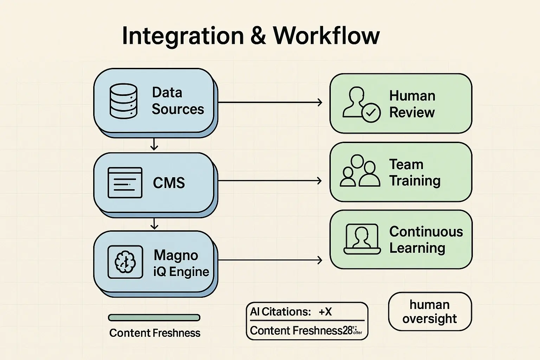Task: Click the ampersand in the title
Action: pos(258,36)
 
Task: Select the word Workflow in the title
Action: pos(326,36)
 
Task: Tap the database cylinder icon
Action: pos(123,101)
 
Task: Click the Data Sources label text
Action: pos(178,101)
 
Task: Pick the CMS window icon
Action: pos(125,182)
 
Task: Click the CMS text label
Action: pos(169,183)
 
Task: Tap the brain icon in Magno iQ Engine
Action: pos(125,262)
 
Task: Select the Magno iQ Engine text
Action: pos(181,263)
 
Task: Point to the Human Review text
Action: pos(412,104)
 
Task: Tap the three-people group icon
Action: pos(360,171)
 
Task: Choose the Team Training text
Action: pos(414,173)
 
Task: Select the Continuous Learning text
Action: pos(426,240)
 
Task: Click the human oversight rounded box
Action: pos(430,311)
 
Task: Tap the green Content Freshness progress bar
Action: pos(154,318)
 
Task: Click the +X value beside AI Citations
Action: pos(325,312)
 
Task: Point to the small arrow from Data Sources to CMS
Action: pos(154,144)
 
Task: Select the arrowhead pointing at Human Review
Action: pos(320,102)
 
